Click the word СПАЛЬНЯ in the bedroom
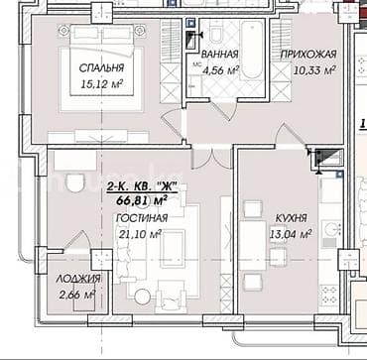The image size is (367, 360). (101, 68)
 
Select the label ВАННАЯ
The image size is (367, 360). (218, 56)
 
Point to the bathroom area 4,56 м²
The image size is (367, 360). (220, 70)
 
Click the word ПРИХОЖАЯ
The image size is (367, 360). (308, 55)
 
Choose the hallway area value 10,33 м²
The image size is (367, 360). (309, 70)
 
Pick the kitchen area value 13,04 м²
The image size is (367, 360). (292, 234)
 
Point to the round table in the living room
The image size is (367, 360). (144, 294)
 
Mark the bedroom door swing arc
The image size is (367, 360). (173, 126)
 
